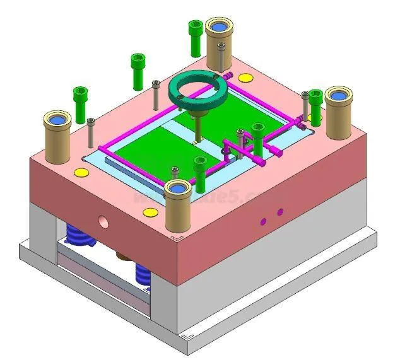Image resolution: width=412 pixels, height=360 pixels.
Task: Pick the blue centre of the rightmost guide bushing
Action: [x=338, y=95]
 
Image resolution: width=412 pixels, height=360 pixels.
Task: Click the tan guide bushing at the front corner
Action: [x=177, y=208]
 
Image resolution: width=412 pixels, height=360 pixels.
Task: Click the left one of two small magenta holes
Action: [x=264, y=221]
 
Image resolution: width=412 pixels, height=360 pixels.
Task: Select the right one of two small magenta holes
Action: [x=280, y=212]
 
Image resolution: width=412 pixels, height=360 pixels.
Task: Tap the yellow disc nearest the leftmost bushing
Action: [x=81, y=172]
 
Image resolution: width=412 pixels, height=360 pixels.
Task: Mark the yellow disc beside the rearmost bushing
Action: [x=245, y=77]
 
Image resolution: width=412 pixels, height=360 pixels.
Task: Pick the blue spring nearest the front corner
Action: [x=143, y=275]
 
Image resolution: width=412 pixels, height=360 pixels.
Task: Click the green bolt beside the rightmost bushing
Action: [x=315, y=106]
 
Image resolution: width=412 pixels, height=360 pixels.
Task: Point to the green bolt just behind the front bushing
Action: [x=200, y=173]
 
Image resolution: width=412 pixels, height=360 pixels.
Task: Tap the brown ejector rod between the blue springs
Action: [x=124, y=256]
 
